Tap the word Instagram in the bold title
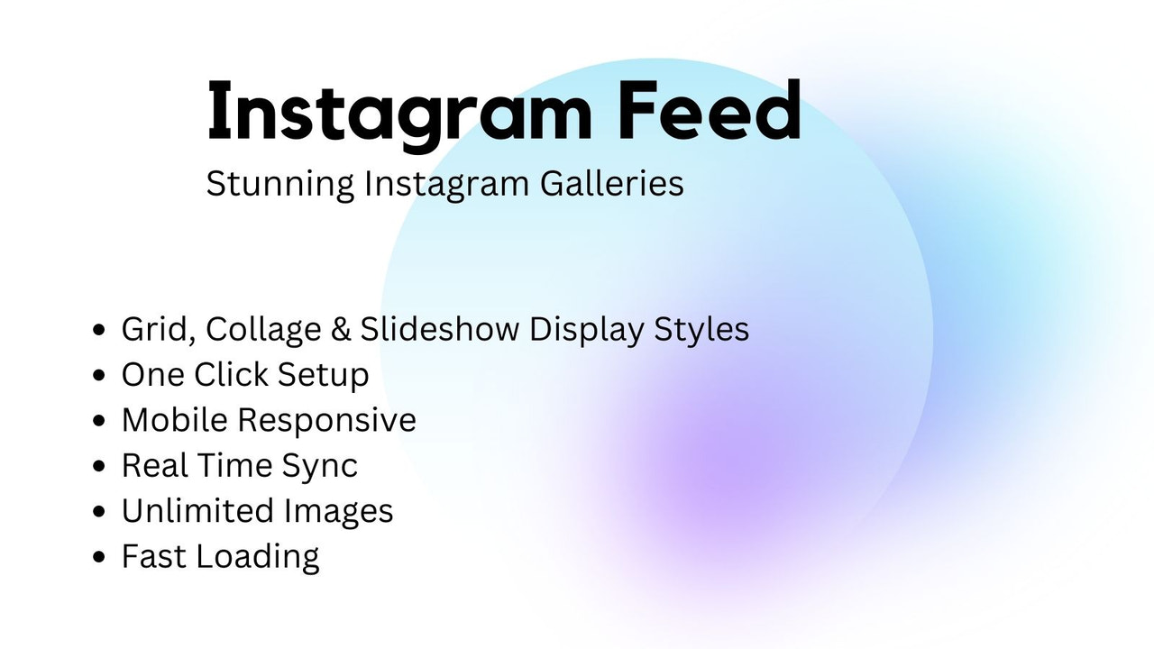tap(399, 113)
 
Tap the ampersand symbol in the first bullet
tap(340, 330)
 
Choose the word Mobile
tap(175, 420)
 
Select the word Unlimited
tap(197, 511)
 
